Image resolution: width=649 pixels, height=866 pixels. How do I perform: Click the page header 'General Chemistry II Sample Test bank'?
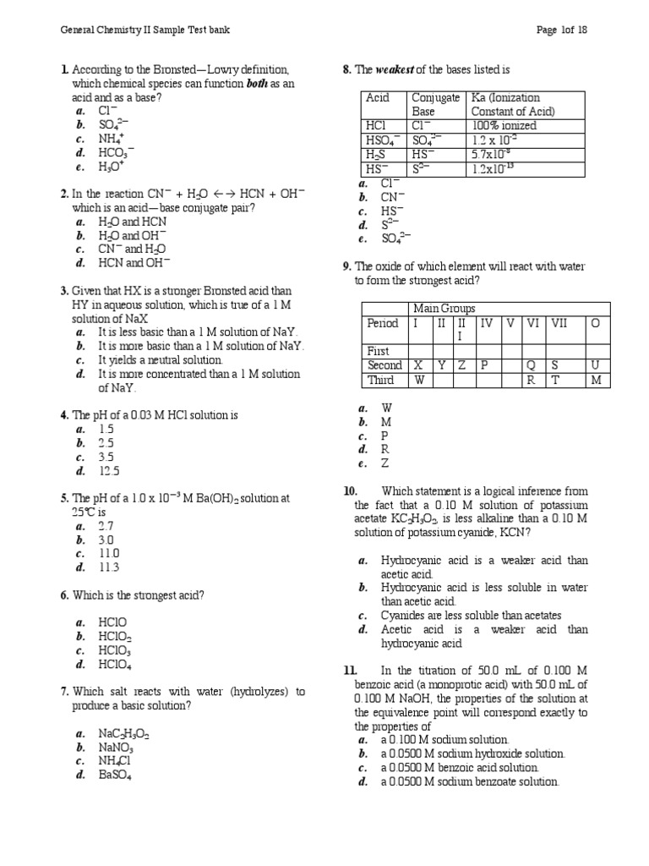click(x=145, y=30)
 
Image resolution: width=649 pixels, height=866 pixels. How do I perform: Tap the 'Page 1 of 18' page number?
click(x=562, y=30)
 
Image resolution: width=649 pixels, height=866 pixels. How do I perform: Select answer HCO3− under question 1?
click(x=117, y=153)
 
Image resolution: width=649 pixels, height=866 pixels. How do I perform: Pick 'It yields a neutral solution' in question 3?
click(x=161, y=360)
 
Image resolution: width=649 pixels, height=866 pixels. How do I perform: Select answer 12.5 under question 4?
click(x=110, y=472)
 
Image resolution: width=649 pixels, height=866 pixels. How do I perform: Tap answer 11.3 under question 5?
click(x=109, y=567)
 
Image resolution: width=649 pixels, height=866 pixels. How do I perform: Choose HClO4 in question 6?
click(x=115, y=665)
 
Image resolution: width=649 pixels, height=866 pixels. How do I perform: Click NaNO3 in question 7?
click(x=117, y=748)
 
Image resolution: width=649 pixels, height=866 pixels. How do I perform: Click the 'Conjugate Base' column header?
click(x=436, y=104)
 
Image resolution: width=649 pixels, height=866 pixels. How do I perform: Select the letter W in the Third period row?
click(x=419, y=380)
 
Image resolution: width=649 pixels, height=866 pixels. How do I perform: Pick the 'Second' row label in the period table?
click(x=384, y=365)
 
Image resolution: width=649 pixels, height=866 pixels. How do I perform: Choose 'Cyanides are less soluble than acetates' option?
click(x=471, y=615)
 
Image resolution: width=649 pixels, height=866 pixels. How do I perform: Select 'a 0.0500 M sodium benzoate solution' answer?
click(x=470, y=782)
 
